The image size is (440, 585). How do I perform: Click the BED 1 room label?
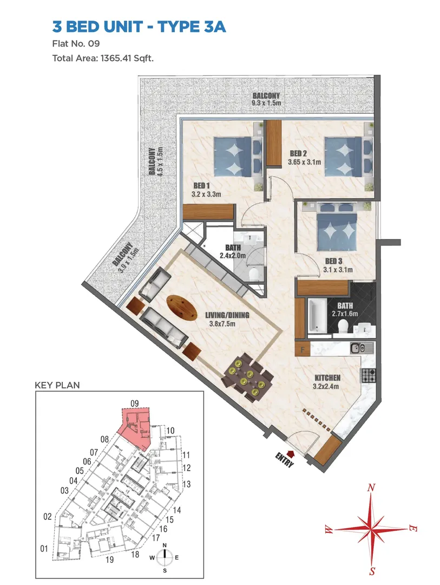tap(202, 185)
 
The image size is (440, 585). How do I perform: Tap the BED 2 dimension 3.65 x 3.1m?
tap(304, 162)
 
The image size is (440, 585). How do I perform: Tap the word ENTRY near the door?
tap(284, 459)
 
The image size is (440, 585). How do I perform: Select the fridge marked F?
tap(303, 349)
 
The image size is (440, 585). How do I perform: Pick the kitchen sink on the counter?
tap(362, 349)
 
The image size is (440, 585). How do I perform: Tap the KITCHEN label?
tap(327, 378)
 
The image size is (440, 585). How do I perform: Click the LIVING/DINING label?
tap(227, 315)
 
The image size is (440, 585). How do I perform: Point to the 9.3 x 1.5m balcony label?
tap(266, 103)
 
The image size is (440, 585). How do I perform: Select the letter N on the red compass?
tap(371, 487)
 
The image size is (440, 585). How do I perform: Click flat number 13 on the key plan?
tap(186, 484)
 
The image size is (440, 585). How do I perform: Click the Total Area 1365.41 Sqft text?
tap(103, 58)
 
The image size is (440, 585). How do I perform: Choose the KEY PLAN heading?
tap(57, 385)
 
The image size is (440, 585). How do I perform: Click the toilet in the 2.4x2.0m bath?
tap(254, 274)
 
